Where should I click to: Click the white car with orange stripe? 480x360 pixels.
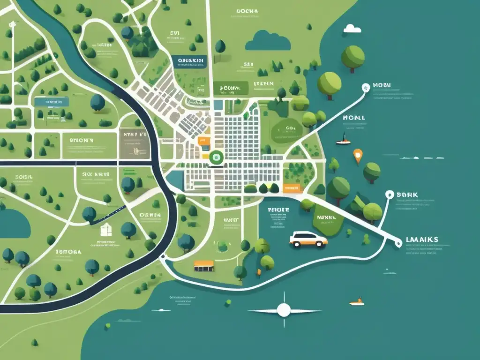(x=308, y=239)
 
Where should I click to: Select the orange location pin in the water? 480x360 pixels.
(x=358, y=155)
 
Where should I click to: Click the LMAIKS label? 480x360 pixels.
(x=420, y=240)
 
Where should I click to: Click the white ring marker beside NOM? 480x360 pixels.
(x=366, y=87)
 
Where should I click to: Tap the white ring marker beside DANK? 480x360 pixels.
(x=388, y=194)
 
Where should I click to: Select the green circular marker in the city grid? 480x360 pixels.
(x=216, y=157)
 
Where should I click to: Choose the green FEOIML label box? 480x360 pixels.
(x=227, y=88)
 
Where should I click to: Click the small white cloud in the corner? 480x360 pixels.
(x=352, y=29)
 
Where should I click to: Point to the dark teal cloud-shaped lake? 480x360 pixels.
(x=268, y=41)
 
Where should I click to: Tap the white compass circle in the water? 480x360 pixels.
(x=284, y=310)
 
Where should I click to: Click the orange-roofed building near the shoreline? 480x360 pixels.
(x=203, y=265)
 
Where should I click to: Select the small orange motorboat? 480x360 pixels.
(x=357, y=302)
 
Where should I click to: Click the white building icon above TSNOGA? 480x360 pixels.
(x=106, y=229)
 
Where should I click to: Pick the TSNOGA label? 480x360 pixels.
(x=68, y=251)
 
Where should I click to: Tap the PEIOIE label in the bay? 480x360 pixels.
(x=279, y=210)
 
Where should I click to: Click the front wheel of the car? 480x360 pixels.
(x=321, y=244)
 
